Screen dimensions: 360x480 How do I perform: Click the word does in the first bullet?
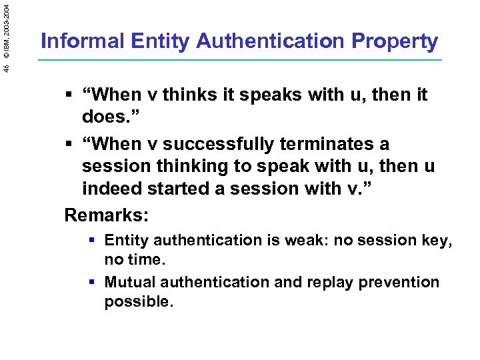(x=105, y=118)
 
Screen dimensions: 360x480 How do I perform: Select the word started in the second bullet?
(x=181, y=189)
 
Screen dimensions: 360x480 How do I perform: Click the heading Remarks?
(x=107, y=215)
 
